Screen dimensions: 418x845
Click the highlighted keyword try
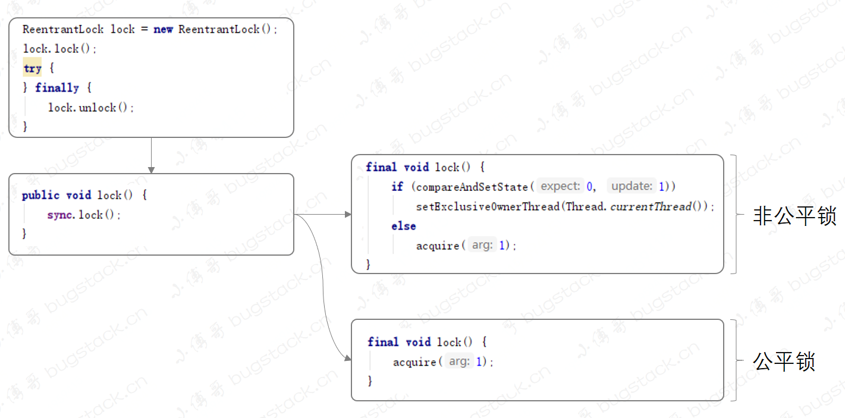32,68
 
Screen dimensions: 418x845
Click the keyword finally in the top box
57,88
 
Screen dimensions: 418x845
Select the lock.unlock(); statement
91,108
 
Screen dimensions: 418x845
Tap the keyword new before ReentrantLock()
163,29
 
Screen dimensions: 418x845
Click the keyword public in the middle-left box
40,195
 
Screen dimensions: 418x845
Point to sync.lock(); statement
84,215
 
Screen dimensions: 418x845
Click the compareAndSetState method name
472,187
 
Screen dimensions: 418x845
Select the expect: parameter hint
560,187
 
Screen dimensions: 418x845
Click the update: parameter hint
632,187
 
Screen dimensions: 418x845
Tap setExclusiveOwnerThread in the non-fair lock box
489,206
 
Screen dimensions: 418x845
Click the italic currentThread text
651,206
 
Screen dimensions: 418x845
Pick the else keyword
403,226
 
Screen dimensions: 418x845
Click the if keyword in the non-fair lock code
397,187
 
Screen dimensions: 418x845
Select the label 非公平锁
794,216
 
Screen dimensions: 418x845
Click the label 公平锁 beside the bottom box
784,361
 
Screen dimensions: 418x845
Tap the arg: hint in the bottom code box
458,362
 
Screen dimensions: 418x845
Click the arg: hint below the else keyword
482,246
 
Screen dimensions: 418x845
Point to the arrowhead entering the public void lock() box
151,170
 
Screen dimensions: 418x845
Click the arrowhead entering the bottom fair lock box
348,358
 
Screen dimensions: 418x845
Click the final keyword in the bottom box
383,342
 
